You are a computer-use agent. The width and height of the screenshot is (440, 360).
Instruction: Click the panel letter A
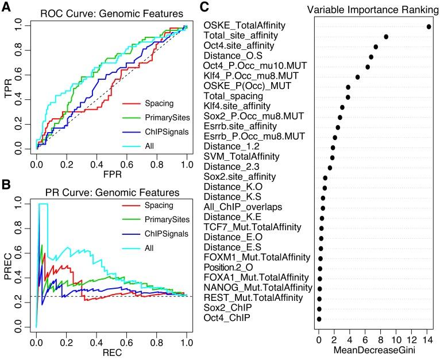7,8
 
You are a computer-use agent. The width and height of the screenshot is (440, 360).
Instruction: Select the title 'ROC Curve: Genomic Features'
112,13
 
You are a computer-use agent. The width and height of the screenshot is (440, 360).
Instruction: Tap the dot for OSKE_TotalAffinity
429,26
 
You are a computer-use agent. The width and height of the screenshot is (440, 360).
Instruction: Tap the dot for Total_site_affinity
386,37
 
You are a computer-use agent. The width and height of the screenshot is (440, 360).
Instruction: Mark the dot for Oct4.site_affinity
376,47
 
